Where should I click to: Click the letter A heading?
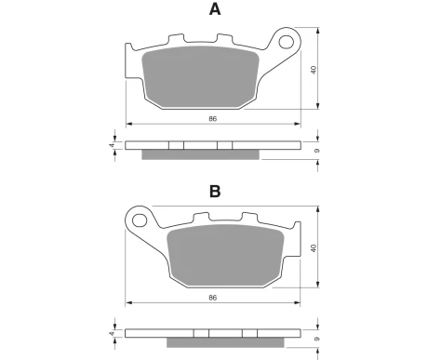coord(215,9)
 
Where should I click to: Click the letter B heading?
coord(215,192)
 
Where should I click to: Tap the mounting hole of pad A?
coord(286,42)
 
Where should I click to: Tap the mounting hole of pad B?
coord(140,220)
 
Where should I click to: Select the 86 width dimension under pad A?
coord(212,119)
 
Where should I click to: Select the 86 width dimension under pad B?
coord(212,298)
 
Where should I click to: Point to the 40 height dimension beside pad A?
coord(314,70)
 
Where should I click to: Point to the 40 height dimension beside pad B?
coord(314,248)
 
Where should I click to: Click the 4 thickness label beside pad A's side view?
coord(112,145)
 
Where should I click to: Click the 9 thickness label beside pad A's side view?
coord(316,151)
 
